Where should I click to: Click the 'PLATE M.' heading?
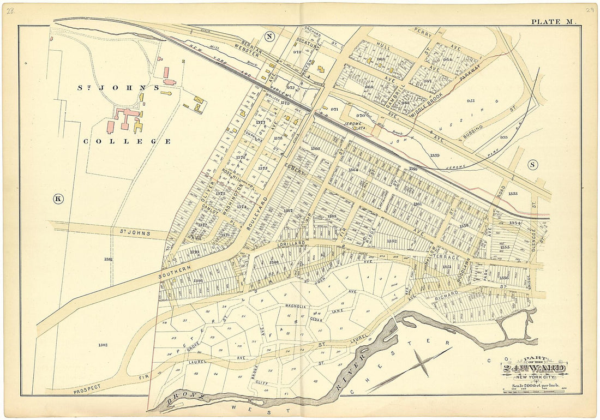[554, 22]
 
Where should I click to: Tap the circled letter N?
[269, 37]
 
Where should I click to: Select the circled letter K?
[58, 199]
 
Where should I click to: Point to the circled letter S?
[533, 165]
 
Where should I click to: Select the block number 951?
[471, 100]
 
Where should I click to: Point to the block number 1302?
[101, 344]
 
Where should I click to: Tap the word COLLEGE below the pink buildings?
[127, 141]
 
